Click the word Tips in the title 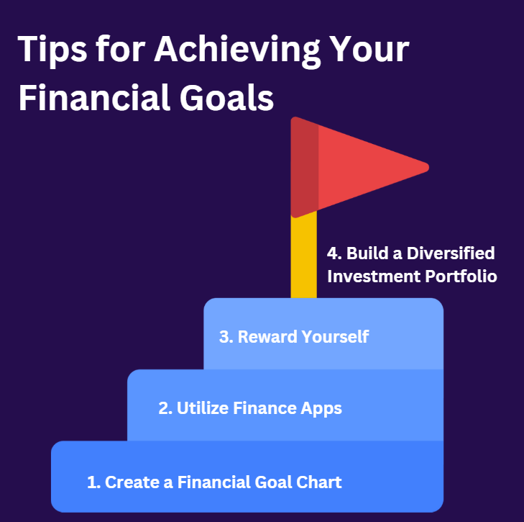tap(51, 51)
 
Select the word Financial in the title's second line tap(91, 96)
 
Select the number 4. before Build tap(334, 254)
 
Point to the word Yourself tap(334, 337)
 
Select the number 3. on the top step tap(226, 337)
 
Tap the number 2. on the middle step tap(165, 409)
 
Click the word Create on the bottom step tap(132, 482)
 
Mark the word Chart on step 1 tap(319, 482)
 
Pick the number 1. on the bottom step tap(93, 482)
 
